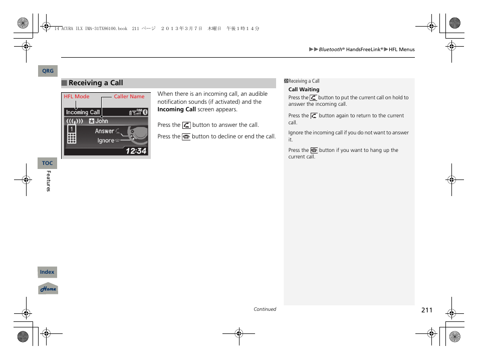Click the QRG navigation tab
[x=48, y=71]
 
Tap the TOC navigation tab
[x=48, y=163]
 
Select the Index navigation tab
[x=48, y=272]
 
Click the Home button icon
[x=48, y=289]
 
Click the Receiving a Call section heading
[x=96, y=83]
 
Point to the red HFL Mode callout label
[x=76, y=97]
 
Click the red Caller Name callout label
[x=129, y=97]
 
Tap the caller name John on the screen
[x=102, y=121]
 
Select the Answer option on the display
[x=105, y=131]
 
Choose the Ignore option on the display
[x=106, y=141]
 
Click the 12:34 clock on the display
[x=136, y=150]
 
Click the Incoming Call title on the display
[x=83, y=112]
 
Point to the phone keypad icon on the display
[x=72, y=135]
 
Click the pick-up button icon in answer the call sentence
[x=186, y=125]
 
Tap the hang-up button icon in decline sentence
[x=186, y=136]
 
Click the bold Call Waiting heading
[x=304, y=90]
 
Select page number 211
[x=426, y=310]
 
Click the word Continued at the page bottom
[x=265, y=309]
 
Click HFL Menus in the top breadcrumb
[x=402, y=50]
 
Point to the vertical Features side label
[x=49, y=181]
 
